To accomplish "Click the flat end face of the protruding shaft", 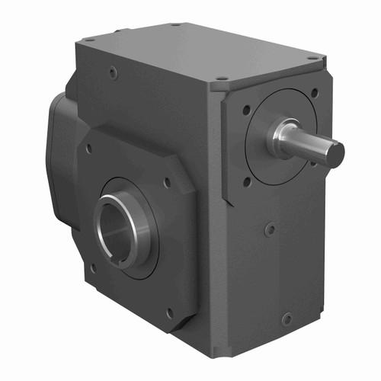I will pyautogui.click(x=334, y=155).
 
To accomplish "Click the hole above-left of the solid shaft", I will pyautogui.click(x=247, y=110).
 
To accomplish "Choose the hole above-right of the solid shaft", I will pyautogui.click(x=313, y=91).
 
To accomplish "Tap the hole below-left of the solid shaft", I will pyautogui.click(x=246, y=181).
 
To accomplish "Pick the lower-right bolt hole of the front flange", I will pyautogui.click(x=169, y=312).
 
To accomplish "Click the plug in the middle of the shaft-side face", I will pyautogui.click(x=270, y=228).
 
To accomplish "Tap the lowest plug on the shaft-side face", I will pyautogui.click(x=286, y=319).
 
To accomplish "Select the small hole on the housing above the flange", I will pyautogui.click(x=112, y=73).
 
